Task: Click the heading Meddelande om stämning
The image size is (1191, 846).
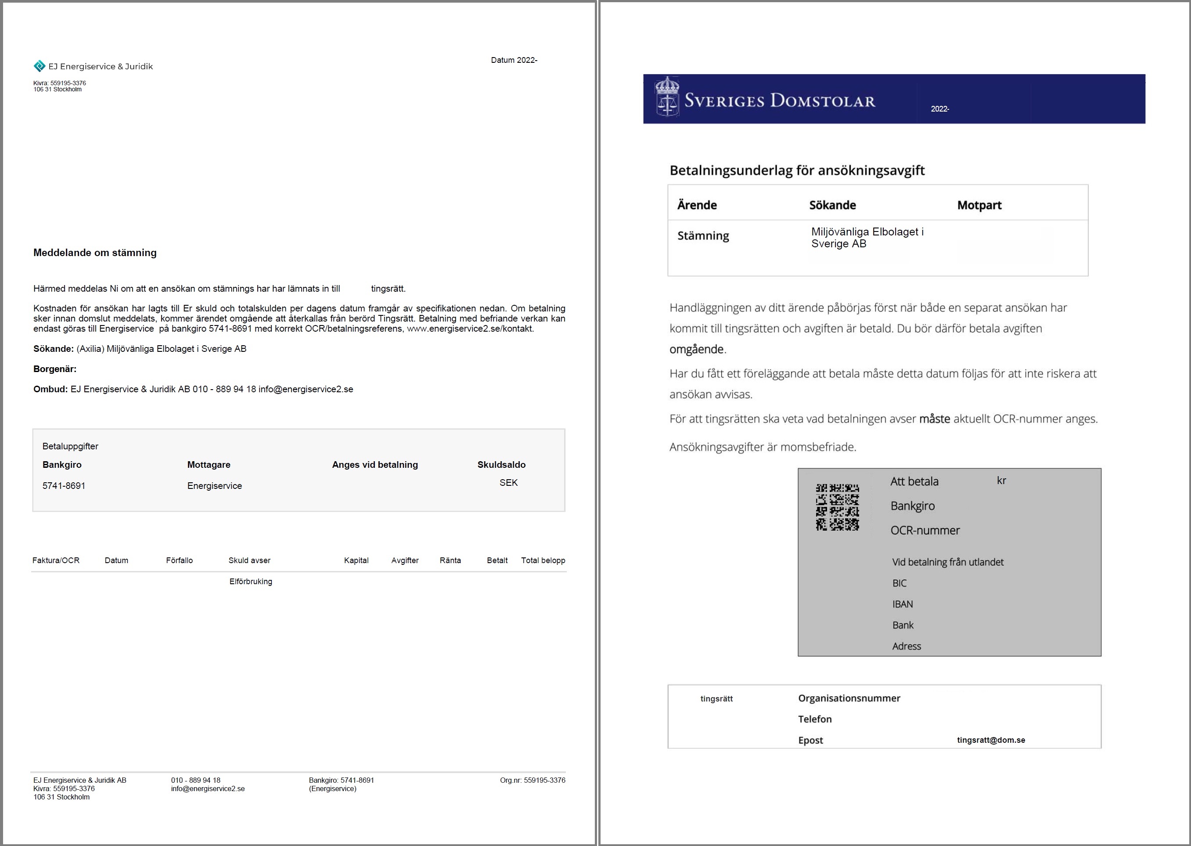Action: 95,253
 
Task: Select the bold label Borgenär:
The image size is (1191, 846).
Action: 55,369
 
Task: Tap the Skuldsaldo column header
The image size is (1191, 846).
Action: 501,465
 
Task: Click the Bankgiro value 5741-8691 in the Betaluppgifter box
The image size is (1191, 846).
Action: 64,485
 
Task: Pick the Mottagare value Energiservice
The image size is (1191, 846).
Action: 215,485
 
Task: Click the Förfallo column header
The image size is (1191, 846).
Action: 179,560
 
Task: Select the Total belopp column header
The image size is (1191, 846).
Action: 543,560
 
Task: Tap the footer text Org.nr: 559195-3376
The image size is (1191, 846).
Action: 532,780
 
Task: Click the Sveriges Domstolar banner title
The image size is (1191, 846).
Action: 779,100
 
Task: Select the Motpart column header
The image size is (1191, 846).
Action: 979,205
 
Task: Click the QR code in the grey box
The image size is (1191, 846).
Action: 837,507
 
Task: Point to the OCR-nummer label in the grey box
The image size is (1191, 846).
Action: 925,530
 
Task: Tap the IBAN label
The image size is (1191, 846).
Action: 902,604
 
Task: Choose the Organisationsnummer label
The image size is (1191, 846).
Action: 849,698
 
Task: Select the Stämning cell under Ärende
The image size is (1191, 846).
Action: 703,236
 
